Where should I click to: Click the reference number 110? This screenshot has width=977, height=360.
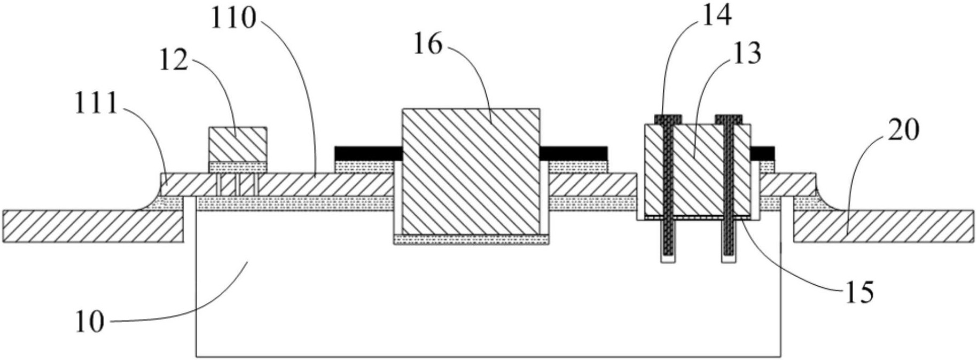click(233, 19)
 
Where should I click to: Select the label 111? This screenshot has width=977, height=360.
click(96, 104)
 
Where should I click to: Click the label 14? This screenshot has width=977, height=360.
click(716, 17)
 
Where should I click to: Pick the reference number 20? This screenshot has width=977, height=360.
click(903, 130)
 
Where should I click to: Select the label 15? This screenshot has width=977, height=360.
click(858, 292)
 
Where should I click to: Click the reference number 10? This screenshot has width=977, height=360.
click(89, 323)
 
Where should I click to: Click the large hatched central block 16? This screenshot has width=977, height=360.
click(471, 171)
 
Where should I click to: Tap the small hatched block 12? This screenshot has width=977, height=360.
click(237, 144)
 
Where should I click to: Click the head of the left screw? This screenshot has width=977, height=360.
click(668, 119)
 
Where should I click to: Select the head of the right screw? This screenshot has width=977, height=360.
click(729, 119)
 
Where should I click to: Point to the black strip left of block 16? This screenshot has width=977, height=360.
click(368, 153)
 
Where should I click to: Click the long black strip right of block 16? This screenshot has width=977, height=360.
click(574, 153)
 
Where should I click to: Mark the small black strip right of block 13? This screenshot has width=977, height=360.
click(762, 153)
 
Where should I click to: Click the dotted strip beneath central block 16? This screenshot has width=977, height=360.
click(471, 240)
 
